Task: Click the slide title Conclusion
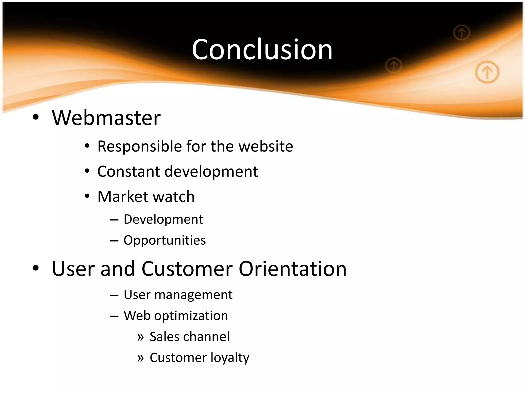262,49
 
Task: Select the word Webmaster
106,118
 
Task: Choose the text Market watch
146,196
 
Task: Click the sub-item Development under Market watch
163,220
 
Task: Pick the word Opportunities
165,241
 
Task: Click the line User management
178,295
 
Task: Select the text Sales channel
189,337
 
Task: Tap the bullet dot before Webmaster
36,117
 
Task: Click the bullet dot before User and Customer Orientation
36,268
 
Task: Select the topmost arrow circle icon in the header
462,33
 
